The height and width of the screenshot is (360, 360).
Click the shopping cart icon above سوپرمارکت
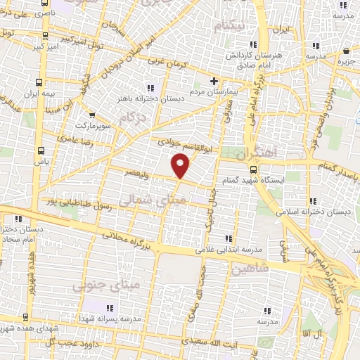(91, 116)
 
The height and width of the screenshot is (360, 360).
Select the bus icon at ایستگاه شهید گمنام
(254, 169)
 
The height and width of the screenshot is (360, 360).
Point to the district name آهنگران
(257, 153)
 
